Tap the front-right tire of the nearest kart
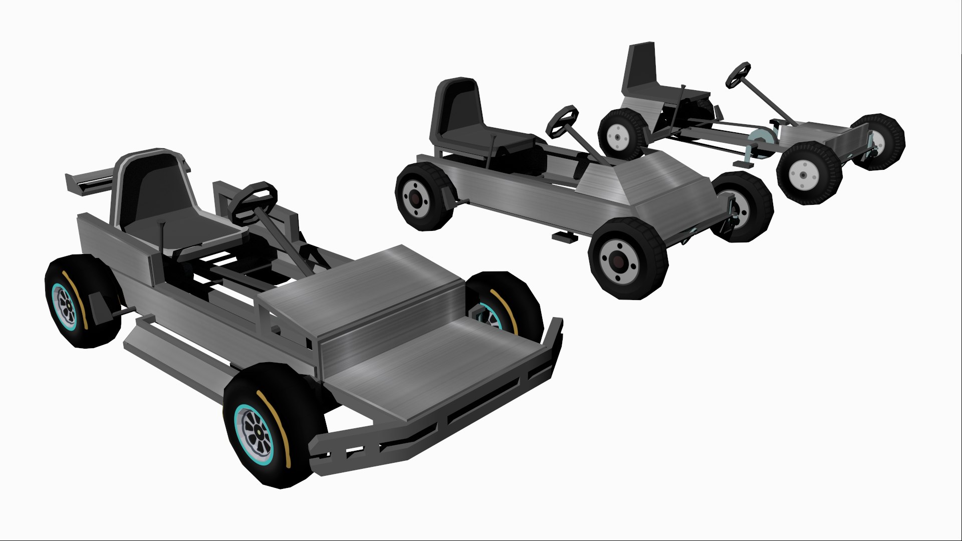click(x=506, y=301)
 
